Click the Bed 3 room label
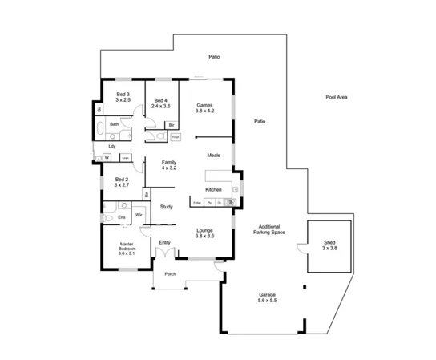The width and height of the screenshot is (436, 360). [122, 98]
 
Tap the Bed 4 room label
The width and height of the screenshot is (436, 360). [161, 102]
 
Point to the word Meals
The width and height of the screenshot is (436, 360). [213, 155]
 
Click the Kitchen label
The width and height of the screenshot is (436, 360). [213, 189]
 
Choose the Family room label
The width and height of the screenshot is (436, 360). [168, 166]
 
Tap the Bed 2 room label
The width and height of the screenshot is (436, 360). [122, 182]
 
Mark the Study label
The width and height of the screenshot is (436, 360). [167, 207]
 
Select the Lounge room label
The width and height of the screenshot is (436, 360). [205, 233]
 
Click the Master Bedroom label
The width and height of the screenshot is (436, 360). [126, 248]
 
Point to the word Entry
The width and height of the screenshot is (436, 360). [165, 242]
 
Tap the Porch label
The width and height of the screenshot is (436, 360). [169, 274]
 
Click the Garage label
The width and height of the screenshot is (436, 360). [267, 297]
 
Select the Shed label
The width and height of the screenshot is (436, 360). [329, 245]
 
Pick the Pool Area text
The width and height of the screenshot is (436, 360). [337, 96]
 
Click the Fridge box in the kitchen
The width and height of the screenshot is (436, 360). [197, 203]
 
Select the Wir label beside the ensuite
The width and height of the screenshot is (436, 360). [139, 215]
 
